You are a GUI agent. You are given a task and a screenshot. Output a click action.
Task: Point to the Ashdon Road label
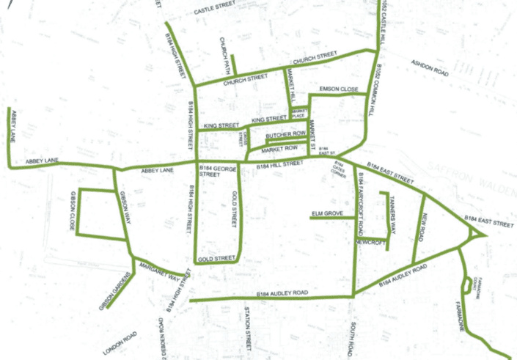[430, 68]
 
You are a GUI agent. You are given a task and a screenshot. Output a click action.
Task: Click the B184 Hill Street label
[280, 166]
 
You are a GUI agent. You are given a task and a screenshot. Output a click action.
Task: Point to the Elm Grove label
[328, 213]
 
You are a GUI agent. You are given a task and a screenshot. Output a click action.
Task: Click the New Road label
[425, 224]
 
